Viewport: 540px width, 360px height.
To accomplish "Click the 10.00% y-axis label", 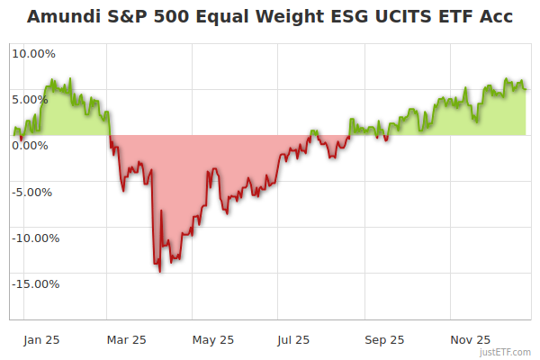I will (x=33, y=53).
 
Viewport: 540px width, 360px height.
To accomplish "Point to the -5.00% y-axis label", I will (x=34, y=192).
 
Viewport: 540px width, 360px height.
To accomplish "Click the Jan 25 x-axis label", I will (x=41, y=340).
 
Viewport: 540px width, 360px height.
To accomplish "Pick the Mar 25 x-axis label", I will (x=126, y=340).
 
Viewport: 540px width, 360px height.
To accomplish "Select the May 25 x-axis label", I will (x=213, y=340).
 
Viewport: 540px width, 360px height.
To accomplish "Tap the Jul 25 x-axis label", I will (x=293, y=340).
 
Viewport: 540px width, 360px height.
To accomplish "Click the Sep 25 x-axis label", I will (x=384, y=340).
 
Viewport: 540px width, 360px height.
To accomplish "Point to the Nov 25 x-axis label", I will (x=470, y=340).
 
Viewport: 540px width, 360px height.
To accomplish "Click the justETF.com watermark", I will (x=507, y=353).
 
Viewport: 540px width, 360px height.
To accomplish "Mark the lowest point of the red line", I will (x=160, y=271).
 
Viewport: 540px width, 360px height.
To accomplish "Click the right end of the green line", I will (x=526, y=88).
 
